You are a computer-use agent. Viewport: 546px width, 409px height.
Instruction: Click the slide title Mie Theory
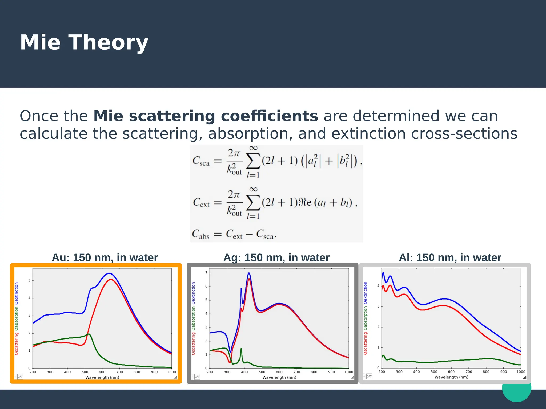click(84, 43)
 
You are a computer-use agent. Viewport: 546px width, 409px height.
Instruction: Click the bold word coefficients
click(269, 116)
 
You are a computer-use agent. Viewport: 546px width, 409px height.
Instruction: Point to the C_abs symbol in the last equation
click(200, 234)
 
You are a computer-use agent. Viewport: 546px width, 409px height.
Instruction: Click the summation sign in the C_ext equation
click(253, 203)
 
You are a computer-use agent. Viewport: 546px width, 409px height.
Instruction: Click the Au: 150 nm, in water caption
click(105, 258)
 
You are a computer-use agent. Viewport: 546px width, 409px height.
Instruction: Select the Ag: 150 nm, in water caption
click(276, 258)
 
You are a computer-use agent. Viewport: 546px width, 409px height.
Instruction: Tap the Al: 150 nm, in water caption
click(450, 258)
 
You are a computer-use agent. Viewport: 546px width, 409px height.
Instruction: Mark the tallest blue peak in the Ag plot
click(249, 273)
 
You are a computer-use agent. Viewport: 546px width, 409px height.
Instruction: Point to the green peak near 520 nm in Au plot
click(89, 334)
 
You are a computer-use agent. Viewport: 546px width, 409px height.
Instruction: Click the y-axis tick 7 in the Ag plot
click(206, 273)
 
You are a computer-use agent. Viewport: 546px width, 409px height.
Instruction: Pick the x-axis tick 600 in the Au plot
click(102, 372)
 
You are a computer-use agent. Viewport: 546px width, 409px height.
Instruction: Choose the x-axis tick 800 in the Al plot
click(486, 372)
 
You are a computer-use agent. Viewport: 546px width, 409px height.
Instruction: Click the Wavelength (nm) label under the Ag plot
click(279, 377)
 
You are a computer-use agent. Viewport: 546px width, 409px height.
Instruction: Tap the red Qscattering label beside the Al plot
click(366, 343)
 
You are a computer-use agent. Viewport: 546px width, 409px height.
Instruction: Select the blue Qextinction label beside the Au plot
click(17, 293)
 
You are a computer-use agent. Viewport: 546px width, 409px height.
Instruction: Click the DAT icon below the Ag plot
click(197, 377)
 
